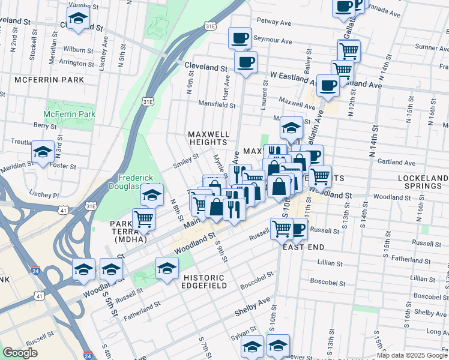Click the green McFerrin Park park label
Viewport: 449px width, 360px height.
point(70,113)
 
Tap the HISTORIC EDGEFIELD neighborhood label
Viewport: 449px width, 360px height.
point(204,282)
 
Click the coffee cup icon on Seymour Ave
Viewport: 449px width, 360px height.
point(239,38)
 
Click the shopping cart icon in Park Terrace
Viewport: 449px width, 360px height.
point(143,219)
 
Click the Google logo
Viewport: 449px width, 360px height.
point(20,353)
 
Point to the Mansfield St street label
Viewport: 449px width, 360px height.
point(217,104)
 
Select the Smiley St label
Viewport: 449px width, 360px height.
point(186,160)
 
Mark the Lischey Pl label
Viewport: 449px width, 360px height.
point(47,196)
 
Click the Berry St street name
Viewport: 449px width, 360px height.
point(44,126)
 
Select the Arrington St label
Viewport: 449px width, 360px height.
point(77,62)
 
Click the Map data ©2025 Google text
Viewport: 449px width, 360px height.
point(412,355)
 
